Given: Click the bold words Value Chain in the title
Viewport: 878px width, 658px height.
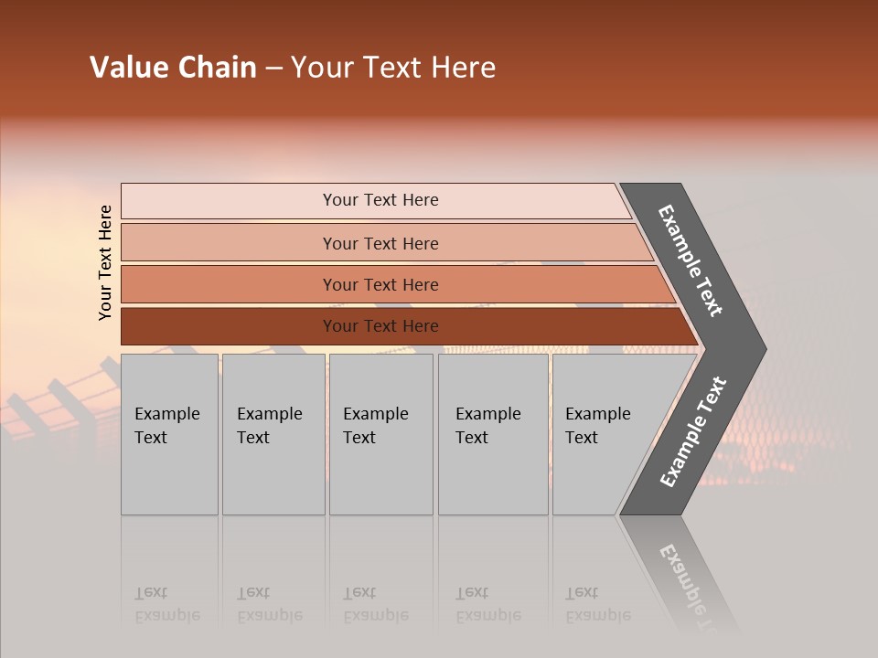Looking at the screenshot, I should tap(173, 68).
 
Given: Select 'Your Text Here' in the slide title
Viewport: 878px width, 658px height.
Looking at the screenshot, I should tap(393, 68).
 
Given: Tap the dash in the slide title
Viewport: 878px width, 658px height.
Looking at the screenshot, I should tap(273, 69).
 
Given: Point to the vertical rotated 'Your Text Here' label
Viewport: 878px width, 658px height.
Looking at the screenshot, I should tap(105, 262).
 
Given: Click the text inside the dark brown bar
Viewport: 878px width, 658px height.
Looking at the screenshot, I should tap(380, 326).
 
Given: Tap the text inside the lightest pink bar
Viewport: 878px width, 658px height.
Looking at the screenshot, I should tap(380, 200).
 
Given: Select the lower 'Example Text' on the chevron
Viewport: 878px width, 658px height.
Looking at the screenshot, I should tap(692, 432).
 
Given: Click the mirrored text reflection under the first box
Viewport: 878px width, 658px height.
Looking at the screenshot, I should tap(167, 604).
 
